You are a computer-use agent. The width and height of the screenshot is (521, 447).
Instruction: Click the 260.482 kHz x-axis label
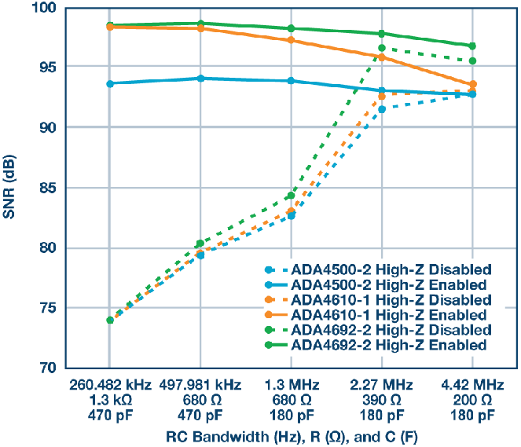click(110, 386)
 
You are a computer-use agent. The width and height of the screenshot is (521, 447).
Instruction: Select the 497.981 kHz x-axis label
click(201, 386)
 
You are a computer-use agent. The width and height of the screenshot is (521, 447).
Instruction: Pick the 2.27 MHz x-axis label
click(382, 386)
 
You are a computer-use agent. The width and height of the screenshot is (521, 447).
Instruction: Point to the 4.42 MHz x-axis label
click(472, 386)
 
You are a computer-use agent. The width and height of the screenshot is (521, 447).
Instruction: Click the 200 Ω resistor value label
click(472, 400)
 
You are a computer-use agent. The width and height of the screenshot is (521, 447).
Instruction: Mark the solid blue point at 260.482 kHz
click(110, 83)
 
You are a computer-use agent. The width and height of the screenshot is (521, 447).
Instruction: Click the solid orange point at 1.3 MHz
click(292, 40)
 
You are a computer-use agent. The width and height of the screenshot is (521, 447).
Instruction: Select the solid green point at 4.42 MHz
click(472, 46)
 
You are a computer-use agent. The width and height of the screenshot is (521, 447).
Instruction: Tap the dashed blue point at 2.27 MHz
click(382, 109)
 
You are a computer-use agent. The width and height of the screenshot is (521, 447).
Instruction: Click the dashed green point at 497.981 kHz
click(200, 244)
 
